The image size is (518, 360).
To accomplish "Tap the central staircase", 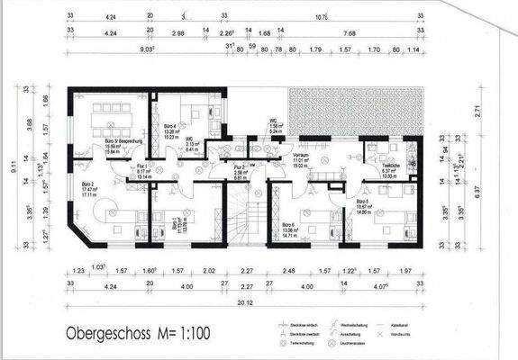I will click(x=243, y=220).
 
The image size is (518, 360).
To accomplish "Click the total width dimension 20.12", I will click(x=242, y=303).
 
